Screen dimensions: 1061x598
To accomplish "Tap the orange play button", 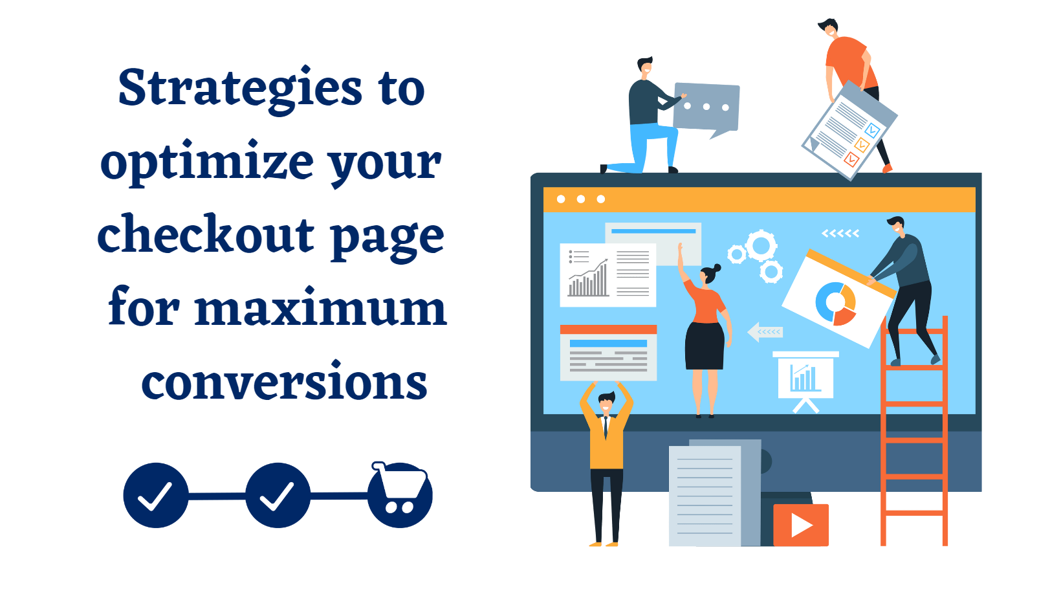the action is point(801,525).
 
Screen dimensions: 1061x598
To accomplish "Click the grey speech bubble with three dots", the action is point(706,109).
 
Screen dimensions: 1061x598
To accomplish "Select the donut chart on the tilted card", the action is point(836,304).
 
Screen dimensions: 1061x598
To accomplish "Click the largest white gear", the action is point(761,245).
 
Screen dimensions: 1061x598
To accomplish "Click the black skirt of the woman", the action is point(705,346).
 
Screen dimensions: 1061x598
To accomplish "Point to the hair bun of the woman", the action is point(717,268).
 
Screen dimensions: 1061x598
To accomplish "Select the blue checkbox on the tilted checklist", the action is point(872,129).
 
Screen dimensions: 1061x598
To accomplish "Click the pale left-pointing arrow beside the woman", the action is point(765,332).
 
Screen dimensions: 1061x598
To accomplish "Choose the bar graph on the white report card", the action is point(588,279).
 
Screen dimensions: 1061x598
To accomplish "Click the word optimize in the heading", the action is point(207,163).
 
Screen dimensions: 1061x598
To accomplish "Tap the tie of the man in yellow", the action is point(606,427).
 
